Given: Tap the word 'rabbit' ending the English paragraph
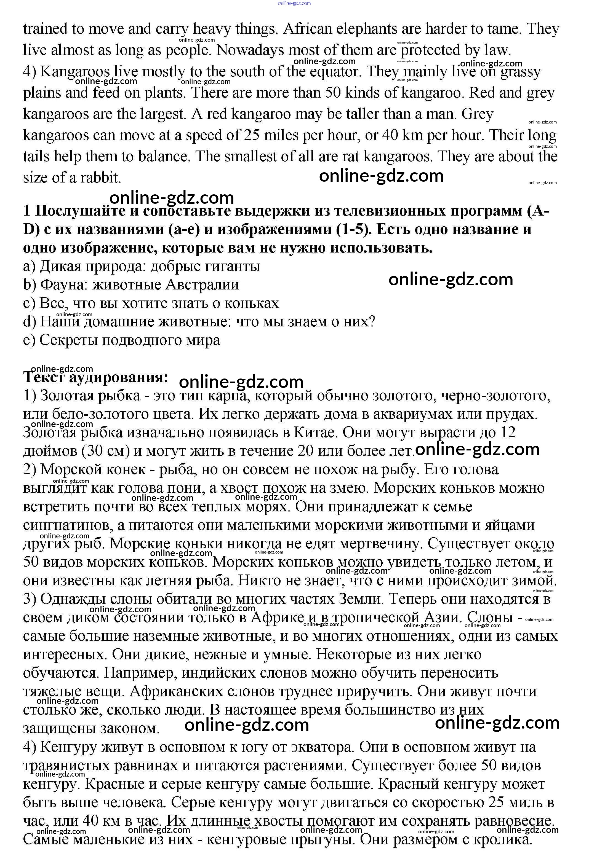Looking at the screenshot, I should [99, 178].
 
